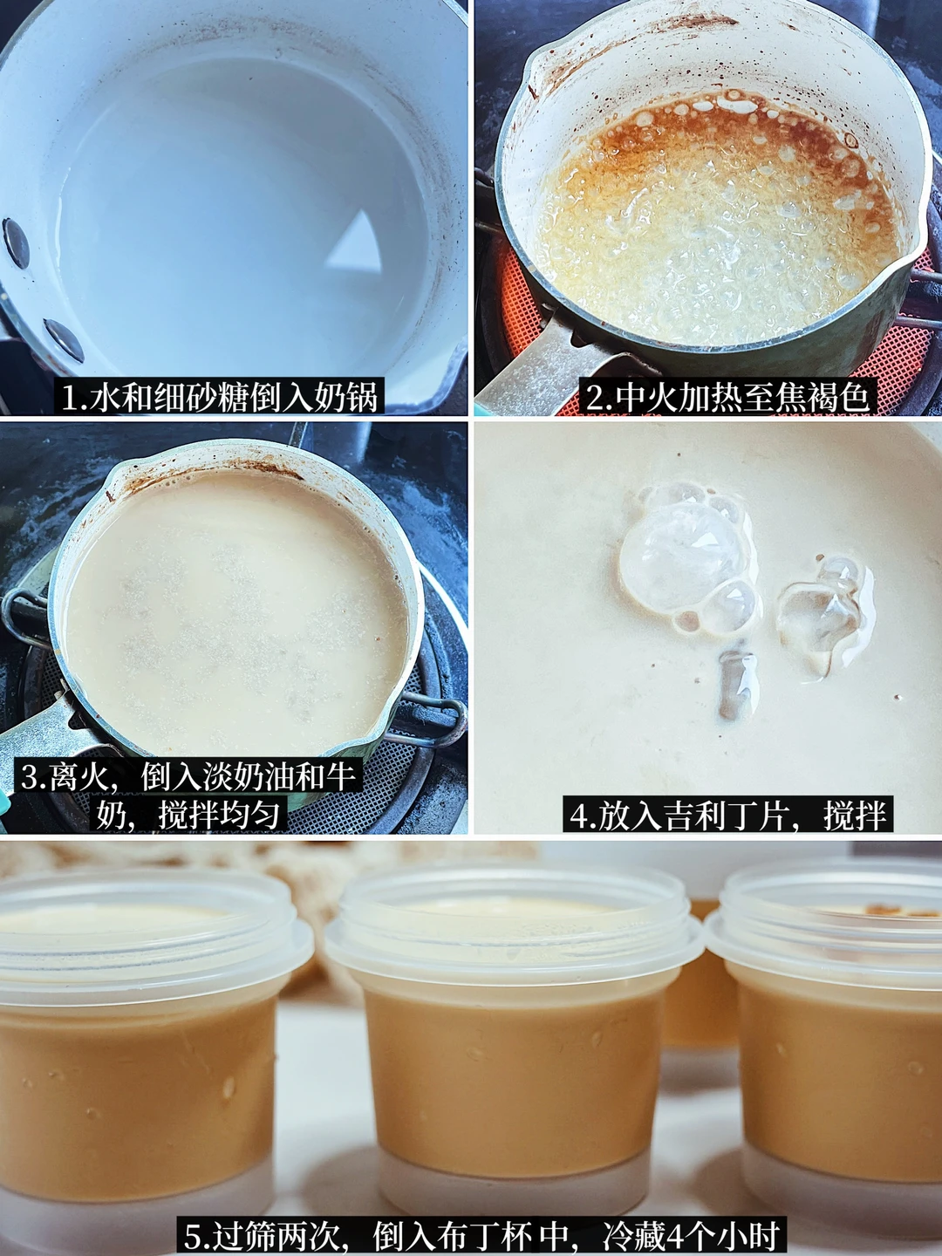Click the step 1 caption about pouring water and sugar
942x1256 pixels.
tap(220, 396)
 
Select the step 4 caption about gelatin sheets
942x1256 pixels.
tap(727, 815)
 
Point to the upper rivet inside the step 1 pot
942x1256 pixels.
tap(16, 243)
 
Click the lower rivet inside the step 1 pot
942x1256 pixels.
tap(64, 340)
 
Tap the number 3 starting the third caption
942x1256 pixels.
tap(29, 777)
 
